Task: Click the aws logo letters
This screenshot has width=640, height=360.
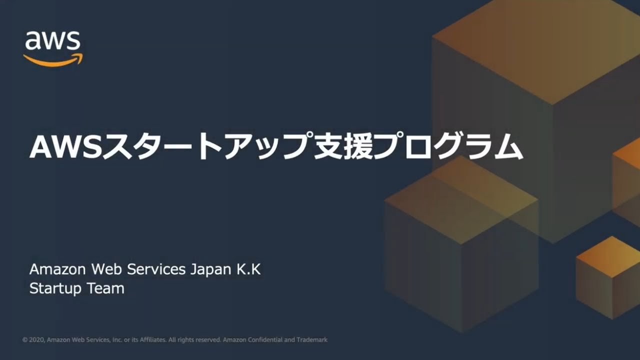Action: (52, 40)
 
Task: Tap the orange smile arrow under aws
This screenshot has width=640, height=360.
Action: (53, 59)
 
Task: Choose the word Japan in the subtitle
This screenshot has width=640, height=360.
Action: (210, 270)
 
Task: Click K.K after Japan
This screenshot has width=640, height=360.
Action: (248, 269)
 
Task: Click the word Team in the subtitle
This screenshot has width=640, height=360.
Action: (105, 288)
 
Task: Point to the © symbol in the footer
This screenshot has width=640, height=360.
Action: (25, 340)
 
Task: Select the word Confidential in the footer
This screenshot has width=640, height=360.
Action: (264, 340)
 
